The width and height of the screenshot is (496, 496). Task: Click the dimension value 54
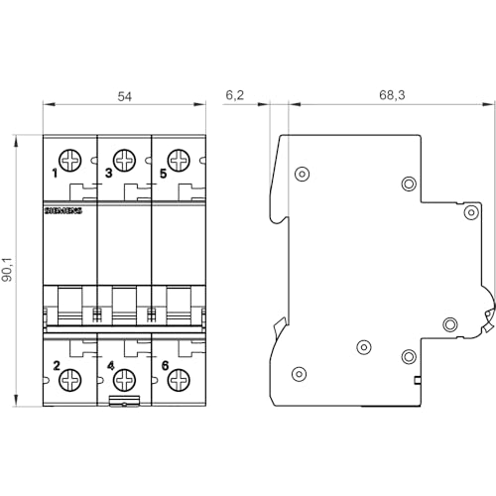125,96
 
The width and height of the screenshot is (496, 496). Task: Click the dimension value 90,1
8,271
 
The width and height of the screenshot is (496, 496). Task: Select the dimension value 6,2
233,96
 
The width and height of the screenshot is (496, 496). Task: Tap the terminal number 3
108,174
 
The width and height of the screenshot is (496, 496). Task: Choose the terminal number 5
162,174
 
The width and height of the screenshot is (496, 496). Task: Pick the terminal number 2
57,366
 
